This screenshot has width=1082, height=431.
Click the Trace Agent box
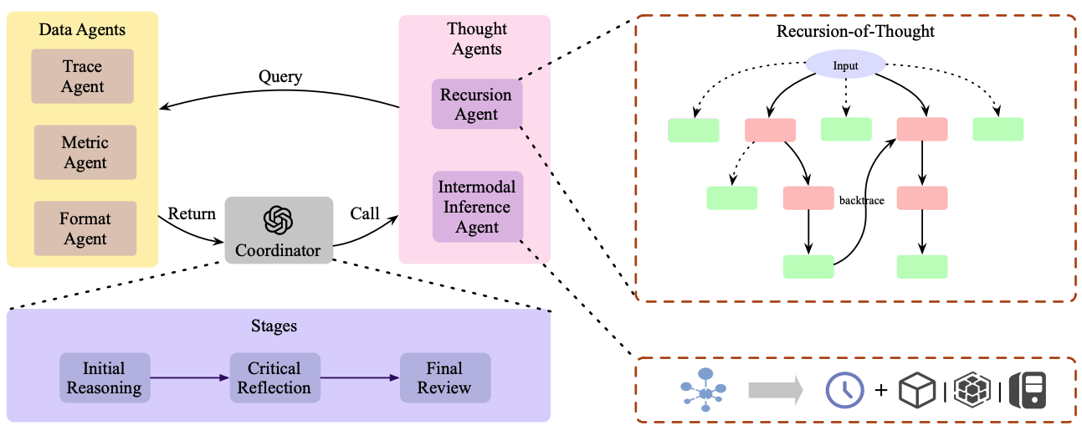(83, 76)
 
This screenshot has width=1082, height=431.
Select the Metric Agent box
(85, 152)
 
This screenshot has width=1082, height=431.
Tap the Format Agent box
(85, 228)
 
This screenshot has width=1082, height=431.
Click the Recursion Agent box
(476, 105)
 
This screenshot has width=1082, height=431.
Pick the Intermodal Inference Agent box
(477, 207)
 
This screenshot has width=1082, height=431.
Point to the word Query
(280, 76)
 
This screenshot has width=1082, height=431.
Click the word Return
(192, 213)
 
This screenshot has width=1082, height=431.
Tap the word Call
(365, 213)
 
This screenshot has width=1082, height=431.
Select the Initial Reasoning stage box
(105, 378)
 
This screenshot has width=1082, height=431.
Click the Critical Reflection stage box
(274, 378)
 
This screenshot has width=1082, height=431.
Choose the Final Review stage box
(444, 378)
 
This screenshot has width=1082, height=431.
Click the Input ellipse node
(845, 65)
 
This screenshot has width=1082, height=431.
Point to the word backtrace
(861, 201)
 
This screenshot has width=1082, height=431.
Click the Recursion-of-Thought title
(855, 32)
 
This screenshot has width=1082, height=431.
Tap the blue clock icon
(845, 390)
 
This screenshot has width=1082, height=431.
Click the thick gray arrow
(775, 389)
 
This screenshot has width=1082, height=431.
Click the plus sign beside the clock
(880, 390)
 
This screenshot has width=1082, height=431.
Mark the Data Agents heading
(82, 30)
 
